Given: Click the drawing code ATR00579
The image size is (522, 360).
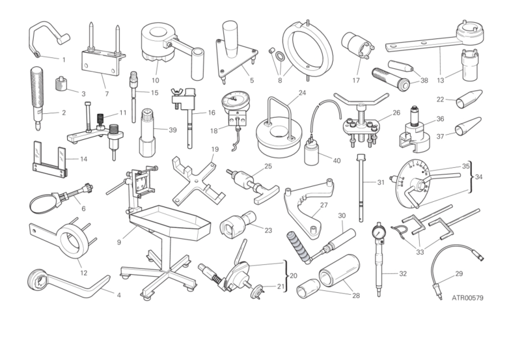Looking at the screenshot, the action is click(467, 298).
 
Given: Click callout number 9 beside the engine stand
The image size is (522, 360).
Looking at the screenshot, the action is click(119, 242).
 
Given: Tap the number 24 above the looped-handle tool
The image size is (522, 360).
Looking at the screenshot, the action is click(302, 92).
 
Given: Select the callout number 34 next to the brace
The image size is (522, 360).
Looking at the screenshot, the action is click(478, 177).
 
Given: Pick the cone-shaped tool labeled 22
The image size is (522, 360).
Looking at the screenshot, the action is click(469, 98).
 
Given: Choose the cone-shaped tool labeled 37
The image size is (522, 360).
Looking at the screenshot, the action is click(468, 126).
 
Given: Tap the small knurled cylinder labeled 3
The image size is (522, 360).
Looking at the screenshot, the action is click(61, 83).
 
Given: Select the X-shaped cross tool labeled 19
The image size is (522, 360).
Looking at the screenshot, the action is click(198, 183).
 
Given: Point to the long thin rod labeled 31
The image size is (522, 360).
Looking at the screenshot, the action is click(361, 188).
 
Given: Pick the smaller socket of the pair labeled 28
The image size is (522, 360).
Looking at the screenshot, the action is click(309, 287).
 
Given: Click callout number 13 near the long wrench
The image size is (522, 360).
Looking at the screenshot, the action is click(441, 80).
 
